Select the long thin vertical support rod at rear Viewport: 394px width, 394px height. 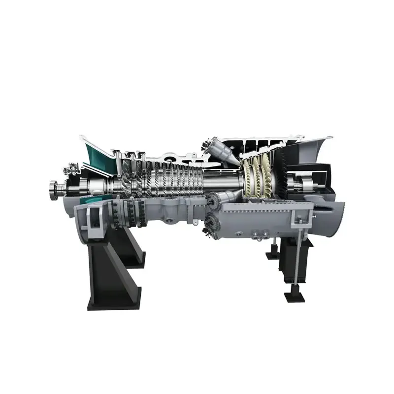click(296, 256)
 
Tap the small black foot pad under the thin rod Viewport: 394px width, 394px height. click(294, 297)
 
